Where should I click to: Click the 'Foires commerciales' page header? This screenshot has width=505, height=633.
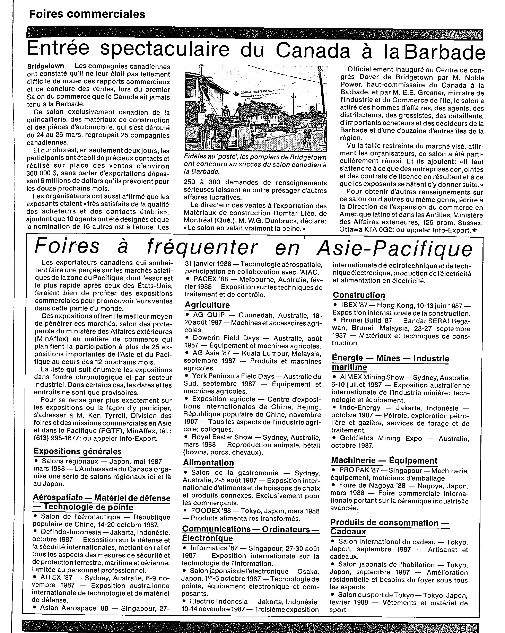coord(87,14)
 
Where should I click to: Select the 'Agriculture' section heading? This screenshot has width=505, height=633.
coord(207,305)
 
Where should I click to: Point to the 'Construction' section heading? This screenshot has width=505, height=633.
coord(359,295)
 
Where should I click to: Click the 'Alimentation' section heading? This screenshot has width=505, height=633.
coord(208,463)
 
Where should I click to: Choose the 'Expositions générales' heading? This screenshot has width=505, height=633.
coord(78,451)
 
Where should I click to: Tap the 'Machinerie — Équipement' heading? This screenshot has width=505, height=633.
coord(384,460)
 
